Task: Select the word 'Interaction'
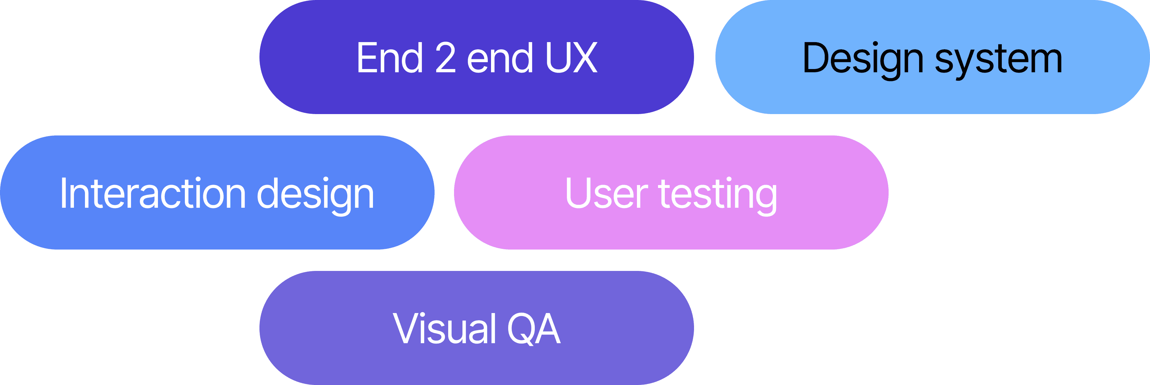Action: pos(152,193)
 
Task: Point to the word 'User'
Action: pos(606,193)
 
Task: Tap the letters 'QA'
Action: pos(534,329)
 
